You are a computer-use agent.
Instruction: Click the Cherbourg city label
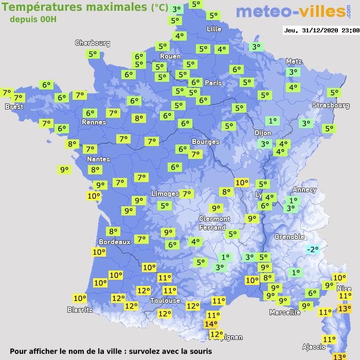[x=93, y=43]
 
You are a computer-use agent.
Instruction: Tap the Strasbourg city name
[x=331, y=105]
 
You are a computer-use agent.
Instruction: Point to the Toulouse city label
[x=165, y=300]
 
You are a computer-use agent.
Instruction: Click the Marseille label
[x=285, y=312]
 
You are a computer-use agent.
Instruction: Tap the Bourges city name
[x=205, y=141]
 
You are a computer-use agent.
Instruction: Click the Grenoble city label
[x=290, y=237]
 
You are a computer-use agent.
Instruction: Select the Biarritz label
[x=80, y=310]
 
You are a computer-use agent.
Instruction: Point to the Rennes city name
[x=94, y=122]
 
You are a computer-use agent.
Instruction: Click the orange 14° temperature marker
[x=210, y=324]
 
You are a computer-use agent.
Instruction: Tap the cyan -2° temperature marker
[x=312, y=249]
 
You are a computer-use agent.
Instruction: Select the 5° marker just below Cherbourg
[x=93, y=53]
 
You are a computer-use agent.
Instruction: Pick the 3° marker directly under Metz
[x=293, y=73]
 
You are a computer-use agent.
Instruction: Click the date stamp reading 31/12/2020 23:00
[x=321, y=30]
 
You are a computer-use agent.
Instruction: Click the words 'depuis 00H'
[x=33, y=19]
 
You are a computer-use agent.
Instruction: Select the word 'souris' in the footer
[x=199, y=351]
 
